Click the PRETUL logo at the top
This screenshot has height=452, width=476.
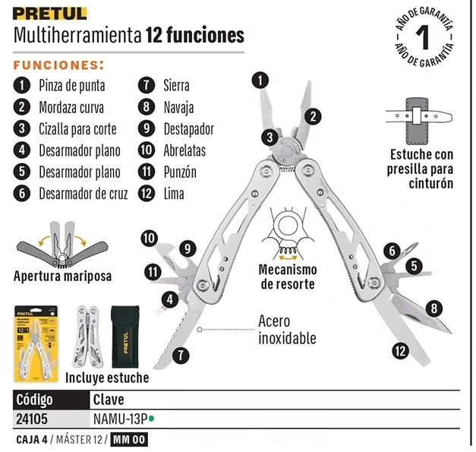click(x=50, y=14)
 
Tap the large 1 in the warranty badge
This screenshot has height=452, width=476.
click(x=423, y=37)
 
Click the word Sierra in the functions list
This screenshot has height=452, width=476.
click(x=176, y=85)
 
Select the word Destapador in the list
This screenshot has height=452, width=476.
click(x=189, y=129)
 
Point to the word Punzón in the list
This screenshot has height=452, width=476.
click(x=180, y=172)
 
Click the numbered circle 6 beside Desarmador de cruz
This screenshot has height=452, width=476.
click(x=22, y=194)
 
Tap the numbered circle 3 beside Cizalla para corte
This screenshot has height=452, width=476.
click(x=22, y=128)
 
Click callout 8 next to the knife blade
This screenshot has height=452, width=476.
click(x=434, y=308)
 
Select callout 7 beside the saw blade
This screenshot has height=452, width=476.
click(x=181, y=356)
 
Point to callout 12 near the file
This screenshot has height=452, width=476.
click(x=400, y=351)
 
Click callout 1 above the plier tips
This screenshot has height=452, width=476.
click(x=260, y=81)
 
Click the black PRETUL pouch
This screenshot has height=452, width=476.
click(x=125, y=337)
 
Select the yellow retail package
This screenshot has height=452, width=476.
click(x=36, y=344)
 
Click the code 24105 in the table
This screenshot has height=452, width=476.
click(x=32, y=419)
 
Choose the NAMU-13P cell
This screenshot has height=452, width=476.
click(x=120, y=419)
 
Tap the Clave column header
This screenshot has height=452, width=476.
click(x=109, y=400)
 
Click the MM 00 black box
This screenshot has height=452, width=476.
click(x=129, y=440)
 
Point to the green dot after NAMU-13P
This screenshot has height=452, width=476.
click(x=151, y=419)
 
